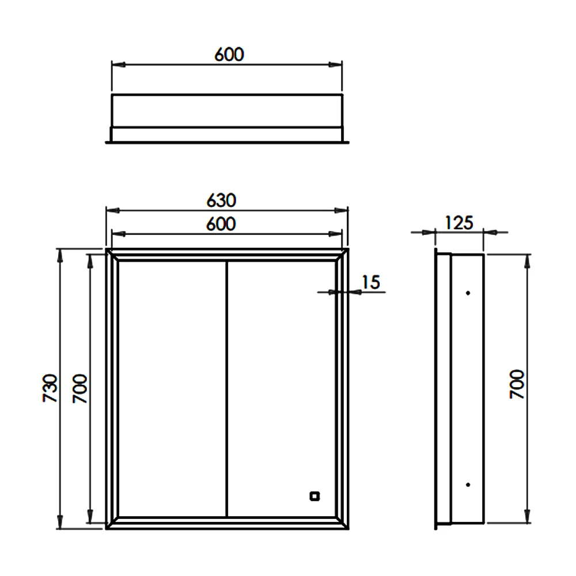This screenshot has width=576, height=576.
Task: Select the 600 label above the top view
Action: click(x=229, y=54)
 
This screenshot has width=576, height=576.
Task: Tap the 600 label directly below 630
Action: click(x=221, y=224)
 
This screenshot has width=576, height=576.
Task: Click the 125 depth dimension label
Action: click(x=459, y=222)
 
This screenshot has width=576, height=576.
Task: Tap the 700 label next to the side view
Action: click(x=517, y=385)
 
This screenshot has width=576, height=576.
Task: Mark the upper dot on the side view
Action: click(x=468, y=293)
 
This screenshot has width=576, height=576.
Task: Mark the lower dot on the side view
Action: click(x=468, y=484)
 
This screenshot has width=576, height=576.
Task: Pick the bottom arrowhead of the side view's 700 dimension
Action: click(x=526, y=518)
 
